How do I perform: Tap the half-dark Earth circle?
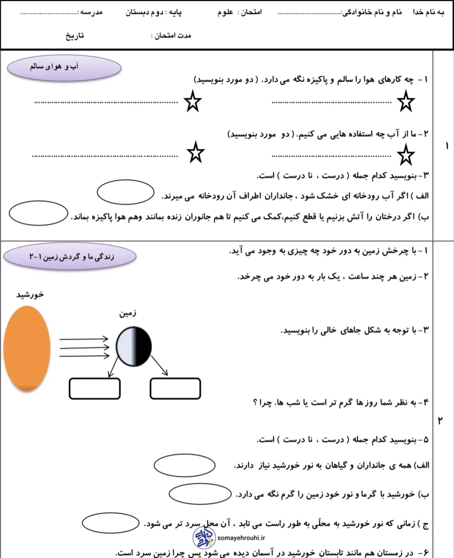[134, 347]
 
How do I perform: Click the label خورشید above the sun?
[30, 294]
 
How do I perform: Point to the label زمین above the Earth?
[128, 313]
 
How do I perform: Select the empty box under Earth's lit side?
[95, 388]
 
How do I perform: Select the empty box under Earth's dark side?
[175, 388]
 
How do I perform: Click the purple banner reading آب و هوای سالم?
[64, 67]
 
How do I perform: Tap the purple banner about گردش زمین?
[70, 256]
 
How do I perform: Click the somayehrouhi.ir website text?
[241, 538]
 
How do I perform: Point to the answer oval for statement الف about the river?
[126, 192]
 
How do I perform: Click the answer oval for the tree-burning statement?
[38, 213]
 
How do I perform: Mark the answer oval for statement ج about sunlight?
[110, 523]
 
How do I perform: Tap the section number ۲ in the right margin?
[440, 420]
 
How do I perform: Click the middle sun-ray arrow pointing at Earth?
[84, 347]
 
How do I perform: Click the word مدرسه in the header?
[91, 12]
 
